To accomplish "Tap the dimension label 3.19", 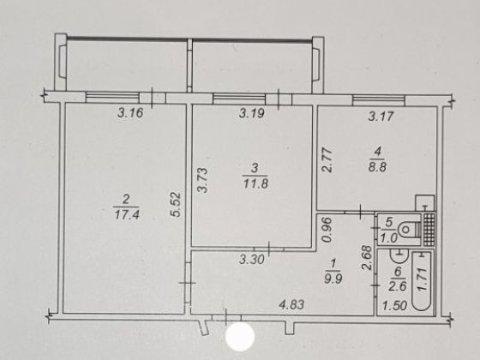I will [251, 113].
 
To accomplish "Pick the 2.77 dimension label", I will [327, 160].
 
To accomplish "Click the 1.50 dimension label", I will [395, 306].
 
